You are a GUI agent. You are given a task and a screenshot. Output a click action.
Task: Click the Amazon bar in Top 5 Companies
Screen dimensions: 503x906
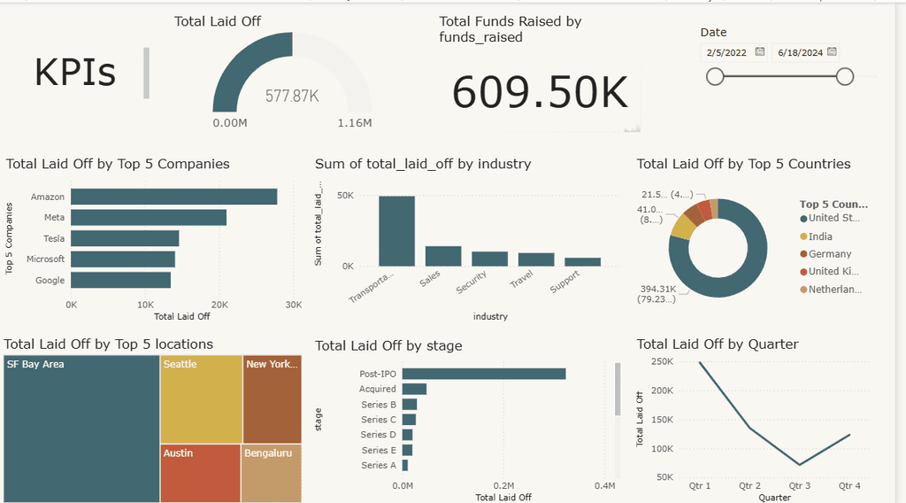[173, 197]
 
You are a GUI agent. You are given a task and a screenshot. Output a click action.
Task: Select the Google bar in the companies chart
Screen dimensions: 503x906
[120, 280]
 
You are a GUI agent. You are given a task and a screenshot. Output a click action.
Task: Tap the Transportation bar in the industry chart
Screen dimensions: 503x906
[396, 230]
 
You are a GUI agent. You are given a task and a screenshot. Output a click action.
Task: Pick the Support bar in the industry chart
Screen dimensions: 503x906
[582, 262]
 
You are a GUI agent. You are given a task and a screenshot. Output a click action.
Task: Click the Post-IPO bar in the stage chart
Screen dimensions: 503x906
[484, 374]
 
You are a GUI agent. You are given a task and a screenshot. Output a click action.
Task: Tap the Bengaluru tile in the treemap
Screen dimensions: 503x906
[271, 473]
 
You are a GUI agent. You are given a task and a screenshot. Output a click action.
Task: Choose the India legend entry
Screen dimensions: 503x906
[820, 236]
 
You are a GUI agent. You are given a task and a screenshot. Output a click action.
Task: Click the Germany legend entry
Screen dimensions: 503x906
[829, 254]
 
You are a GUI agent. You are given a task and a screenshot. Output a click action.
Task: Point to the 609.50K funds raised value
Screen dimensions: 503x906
[540, 91]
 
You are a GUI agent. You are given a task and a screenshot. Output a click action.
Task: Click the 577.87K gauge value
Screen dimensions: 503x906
[292, 96]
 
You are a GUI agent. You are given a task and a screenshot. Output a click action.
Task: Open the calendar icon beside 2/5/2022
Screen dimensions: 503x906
[759, 52]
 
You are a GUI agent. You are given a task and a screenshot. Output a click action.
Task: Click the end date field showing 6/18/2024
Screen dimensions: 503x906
[800, 53]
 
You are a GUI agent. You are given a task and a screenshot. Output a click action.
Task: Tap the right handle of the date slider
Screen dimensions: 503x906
[845, 77]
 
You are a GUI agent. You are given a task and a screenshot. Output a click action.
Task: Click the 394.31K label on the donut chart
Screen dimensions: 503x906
[659, 289]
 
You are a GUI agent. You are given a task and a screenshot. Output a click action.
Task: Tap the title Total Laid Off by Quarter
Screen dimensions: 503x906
[718, 344]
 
